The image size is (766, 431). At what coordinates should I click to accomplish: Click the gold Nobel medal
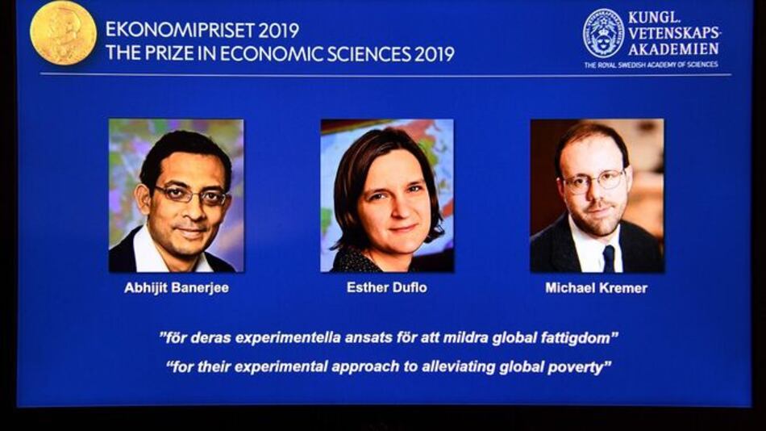(x=63, y=33)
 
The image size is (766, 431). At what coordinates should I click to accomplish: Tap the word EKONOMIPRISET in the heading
(x=169, y=31)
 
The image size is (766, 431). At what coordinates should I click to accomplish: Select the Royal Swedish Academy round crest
(x=604, y=33)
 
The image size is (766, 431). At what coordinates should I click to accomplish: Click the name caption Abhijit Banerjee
(x=176, y=288)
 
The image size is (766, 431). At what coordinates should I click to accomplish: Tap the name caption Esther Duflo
(x=387, y=287)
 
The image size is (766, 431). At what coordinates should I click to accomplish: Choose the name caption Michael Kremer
(x=596, y=288)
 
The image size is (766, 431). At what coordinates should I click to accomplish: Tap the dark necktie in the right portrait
(x=609, y=258)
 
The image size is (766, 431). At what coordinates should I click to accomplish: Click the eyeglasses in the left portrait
(x=191, y=195)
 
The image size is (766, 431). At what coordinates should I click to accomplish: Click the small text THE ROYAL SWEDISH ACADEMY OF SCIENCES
(x=651, y=65)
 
